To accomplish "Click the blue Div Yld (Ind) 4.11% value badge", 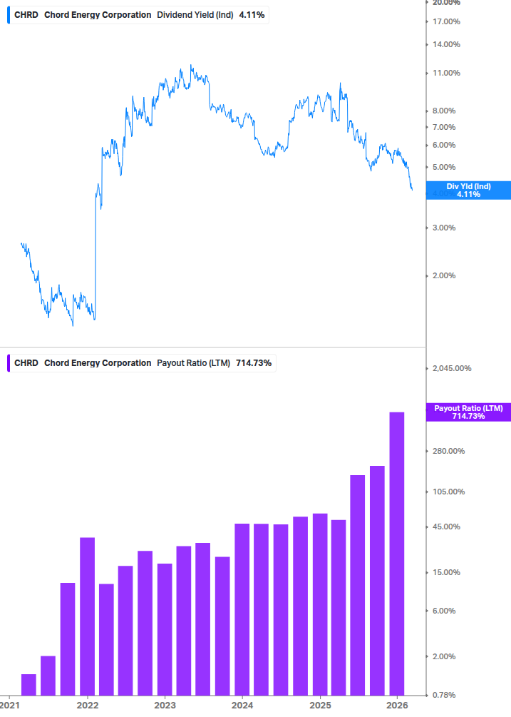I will (x=468, y=190).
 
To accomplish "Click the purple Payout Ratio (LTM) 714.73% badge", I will (x=468, y=412).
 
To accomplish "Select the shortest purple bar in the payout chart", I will (x=29, y=684).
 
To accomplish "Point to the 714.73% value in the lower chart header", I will (x=254, y=363).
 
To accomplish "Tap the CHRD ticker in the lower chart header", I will (x=26, y=363).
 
